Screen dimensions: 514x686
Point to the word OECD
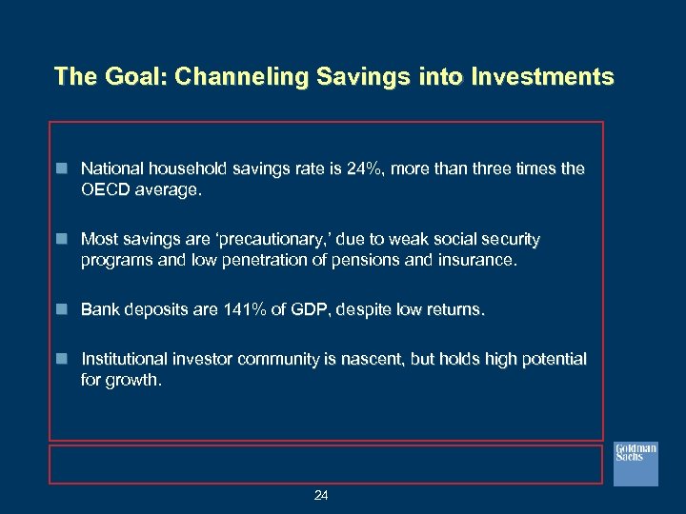[104, 189]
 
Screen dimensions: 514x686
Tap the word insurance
[476, 261]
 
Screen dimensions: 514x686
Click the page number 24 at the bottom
[321, 495]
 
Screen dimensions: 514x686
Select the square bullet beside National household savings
[62, 168]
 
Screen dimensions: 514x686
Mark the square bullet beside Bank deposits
[62, 310]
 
